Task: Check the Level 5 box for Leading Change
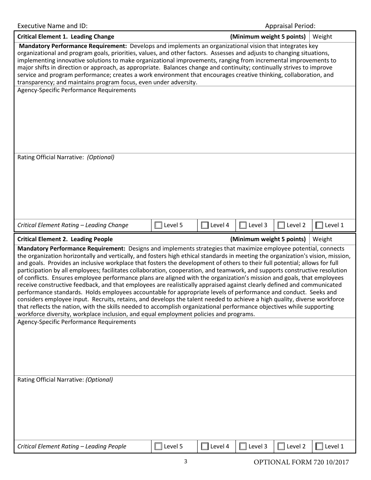click(158, 225)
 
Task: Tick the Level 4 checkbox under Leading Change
click(205, 225)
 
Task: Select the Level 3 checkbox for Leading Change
click(243, 225)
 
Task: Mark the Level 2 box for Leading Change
click(281, 225)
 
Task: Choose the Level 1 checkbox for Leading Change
click(319, 225)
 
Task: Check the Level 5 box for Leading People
click(158, 446)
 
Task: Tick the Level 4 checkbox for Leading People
click(205, 446)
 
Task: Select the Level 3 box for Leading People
click(243, 446)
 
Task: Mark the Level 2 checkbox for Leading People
click(281, 446)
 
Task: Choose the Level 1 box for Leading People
click(319, 446)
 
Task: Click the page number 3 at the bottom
click(185, 462)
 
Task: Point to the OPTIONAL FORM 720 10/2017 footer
click(301, 463)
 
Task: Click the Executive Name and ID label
click(53, 26)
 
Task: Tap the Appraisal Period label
click(290, 26)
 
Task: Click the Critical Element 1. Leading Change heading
click(66, 37)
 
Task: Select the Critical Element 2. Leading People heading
click(65, 239)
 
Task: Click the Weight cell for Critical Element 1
click(333, 37)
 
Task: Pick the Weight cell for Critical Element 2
click(333, 239)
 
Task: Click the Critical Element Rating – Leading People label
click(72, 446)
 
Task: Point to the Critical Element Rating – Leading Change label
click(73, 225)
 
